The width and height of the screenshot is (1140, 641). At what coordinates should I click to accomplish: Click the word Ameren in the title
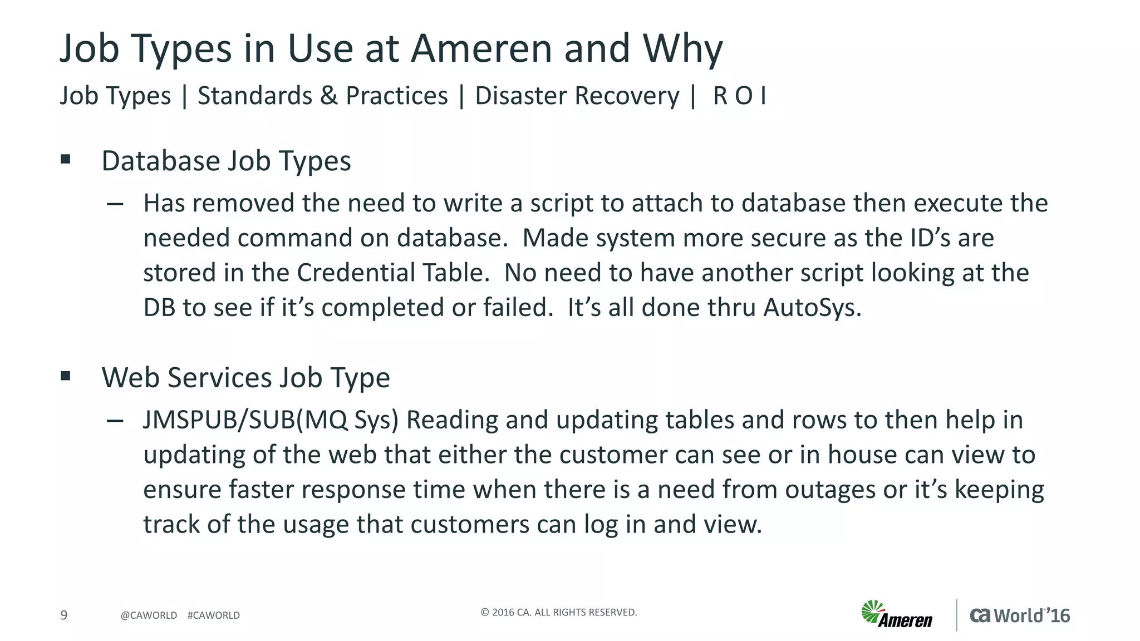(481, 48)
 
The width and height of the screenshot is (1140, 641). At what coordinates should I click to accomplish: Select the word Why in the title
(682, 48)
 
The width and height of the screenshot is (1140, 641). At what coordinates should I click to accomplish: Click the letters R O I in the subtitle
(739, 96)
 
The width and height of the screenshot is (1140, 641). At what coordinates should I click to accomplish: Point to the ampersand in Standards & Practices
(329, 96)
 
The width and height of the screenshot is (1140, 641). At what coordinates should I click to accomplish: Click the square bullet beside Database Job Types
(66, 160)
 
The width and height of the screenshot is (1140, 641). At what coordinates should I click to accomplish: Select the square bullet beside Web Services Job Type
(66, 377)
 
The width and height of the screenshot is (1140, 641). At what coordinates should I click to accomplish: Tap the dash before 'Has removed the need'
(115, 204)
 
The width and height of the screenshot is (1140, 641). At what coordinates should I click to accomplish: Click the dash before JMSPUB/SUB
(115, 421)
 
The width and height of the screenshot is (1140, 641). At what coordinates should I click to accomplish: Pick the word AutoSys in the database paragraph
(812, 307)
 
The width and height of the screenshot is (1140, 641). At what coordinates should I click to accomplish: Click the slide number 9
(64, 615)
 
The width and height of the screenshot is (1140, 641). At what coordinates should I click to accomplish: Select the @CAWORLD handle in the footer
(149, 615)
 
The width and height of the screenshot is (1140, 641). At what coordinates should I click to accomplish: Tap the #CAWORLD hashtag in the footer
(214, 615)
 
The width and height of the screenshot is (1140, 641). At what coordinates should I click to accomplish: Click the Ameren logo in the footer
(897, 615)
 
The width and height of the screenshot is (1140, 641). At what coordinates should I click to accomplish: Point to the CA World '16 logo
(1020, 615)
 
